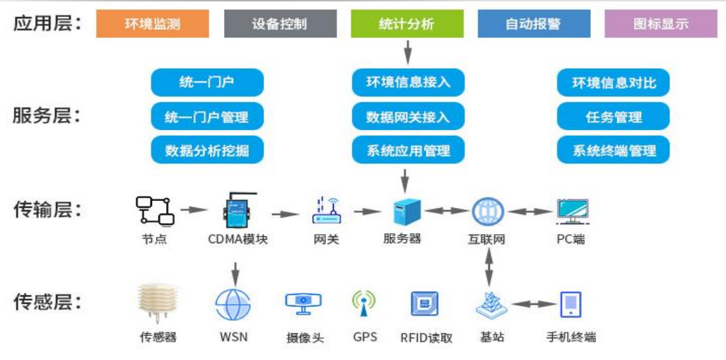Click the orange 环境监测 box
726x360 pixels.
153,24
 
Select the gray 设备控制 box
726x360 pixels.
280,24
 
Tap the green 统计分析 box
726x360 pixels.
407,24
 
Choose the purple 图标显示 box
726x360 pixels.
660,24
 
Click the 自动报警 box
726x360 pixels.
534,24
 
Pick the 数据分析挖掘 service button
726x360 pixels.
206,150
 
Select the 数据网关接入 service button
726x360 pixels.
408,117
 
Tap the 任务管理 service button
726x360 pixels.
614,117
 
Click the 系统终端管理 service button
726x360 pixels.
614,150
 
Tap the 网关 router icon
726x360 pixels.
326,211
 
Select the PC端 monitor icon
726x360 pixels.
572,211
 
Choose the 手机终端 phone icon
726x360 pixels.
570,304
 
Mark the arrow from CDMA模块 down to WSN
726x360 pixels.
235,272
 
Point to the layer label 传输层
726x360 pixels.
47,210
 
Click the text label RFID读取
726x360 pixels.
426,337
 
